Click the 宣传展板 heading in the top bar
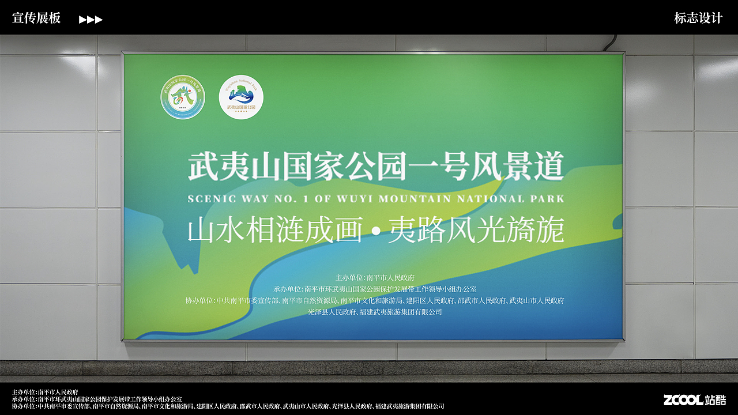[36, 18]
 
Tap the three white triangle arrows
[91, 20]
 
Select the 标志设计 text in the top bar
[698, 18]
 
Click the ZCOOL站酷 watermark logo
[694, 400]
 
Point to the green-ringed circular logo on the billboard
[182, 97]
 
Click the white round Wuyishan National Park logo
[241, 97]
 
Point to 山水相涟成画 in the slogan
[274, 231]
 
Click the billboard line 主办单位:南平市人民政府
[375, 278]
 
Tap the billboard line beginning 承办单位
[375, 289]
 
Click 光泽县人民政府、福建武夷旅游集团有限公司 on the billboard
[375, 312]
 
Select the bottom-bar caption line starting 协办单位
[228, 406]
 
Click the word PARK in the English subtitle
[550, 199]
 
